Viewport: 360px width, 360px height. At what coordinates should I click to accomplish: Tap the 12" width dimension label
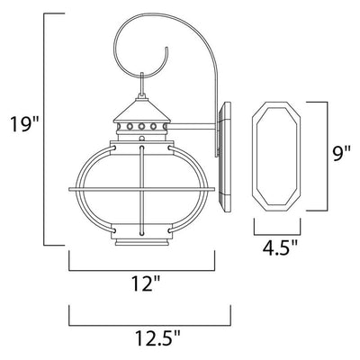point(145,283)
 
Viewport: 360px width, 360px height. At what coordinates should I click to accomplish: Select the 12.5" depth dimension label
point(157,338)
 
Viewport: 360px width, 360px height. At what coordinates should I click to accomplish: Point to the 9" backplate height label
point(341,155)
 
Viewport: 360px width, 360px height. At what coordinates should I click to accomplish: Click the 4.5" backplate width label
point(280,247)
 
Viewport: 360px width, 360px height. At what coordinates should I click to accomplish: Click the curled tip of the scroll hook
point(166,48)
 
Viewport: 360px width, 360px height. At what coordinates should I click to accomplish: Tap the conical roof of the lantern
point(142,110)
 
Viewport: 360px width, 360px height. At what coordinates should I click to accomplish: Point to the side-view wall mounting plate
point(224,157)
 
